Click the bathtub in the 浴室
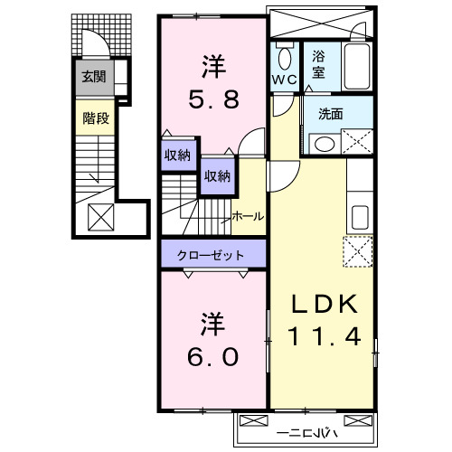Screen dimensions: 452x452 point(353,68)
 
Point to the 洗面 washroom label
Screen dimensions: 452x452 point(329,114)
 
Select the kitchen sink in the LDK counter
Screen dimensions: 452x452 point(358,217)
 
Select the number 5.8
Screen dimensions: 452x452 point(213,99)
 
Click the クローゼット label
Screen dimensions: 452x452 point(211,255)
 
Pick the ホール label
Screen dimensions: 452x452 point(248,216)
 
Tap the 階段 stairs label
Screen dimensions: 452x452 point(92,117)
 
